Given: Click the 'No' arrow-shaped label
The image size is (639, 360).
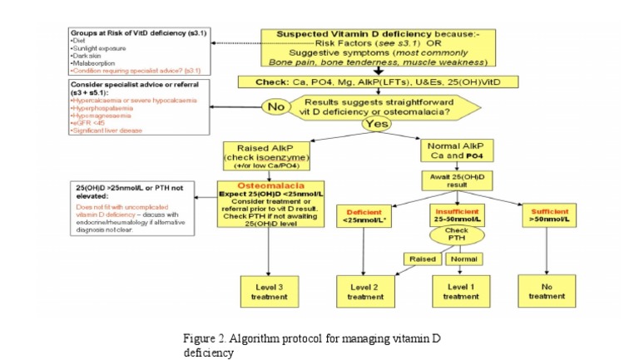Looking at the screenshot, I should (273, 107).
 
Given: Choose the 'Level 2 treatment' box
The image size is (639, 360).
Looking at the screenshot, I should (365, 291).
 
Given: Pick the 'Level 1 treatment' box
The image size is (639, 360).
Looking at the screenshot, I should (460, 291).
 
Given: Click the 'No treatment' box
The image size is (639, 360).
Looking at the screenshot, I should (546, 291).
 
